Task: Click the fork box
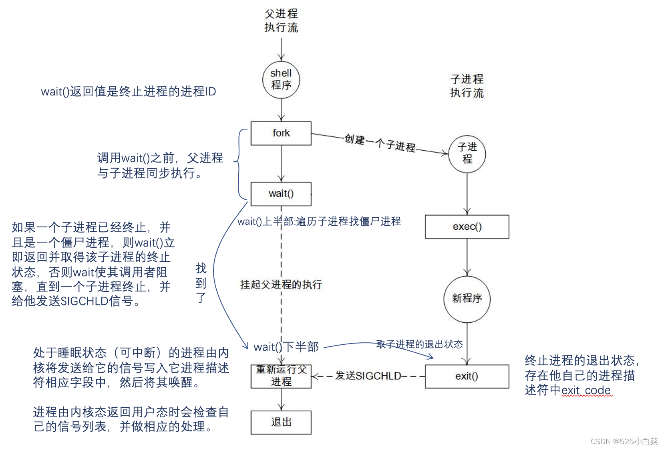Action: pyautogui.click(x=281, y=133)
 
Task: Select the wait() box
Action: pyautogui.click(x=281, y=194)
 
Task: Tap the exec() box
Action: pyautogui.click(x=467, y=227)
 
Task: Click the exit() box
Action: pyautogui.click(x=467, y=376)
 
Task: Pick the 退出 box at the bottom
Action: pyautogui.click(x=281, y=422)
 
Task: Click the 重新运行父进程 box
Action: pyautogui.click(x=281, y=376)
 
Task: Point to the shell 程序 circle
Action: pyautogui.click(x=281, y=79)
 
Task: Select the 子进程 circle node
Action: pyautogui.click(x=467, y=154)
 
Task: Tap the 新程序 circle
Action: pyautogui.click(x=467, y=299)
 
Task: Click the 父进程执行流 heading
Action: pyautogui.click(x=281, y=20)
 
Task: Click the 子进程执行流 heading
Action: pyautogui.click(x=467, y=86)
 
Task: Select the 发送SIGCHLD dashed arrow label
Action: pyautogui.click(x=368, y=376)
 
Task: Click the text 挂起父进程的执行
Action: pyautogui.click(x=281, y=285)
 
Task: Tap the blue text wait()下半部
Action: pyautogui.click(x=286, y=347)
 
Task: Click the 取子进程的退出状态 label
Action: pyautogui.click(x=419, y=344)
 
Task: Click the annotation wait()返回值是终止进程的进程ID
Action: pyautogui.click(x=128, y=91)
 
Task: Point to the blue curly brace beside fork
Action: pyautogui.click(x=239, y=164)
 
